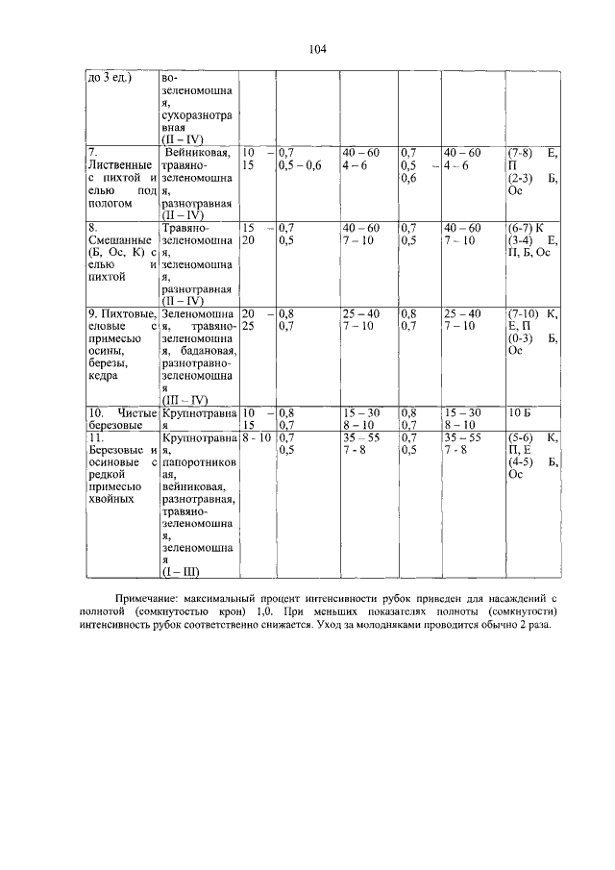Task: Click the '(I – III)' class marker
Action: click(181, 575)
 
